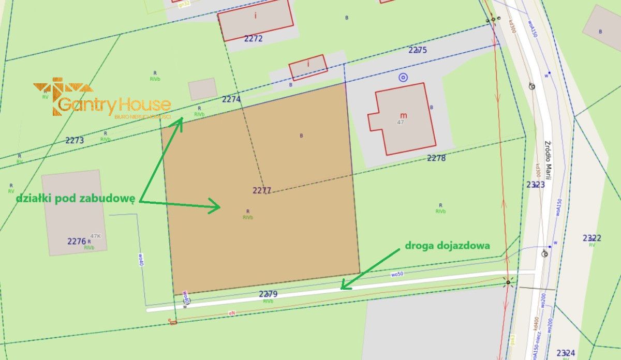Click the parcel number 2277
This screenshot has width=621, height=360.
point(262,190)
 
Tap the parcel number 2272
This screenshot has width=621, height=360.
point(254,39)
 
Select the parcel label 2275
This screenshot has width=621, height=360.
point(417,50)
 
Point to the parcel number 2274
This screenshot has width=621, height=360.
point(231,98)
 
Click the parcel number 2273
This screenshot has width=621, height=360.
point(75,140)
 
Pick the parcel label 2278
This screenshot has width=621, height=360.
point(436,158)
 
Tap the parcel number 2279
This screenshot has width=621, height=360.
point(268,294)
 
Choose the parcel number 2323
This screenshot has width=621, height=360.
point(535,184)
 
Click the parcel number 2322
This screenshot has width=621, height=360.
point(592,238)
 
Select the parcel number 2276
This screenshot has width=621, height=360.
point(77,241)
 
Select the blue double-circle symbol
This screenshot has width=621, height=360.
point(403,78)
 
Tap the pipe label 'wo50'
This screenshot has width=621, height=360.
point(397,274)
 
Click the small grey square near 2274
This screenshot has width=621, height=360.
point(202,89)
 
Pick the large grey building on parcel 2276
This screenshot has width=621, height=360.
point(74,212)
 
